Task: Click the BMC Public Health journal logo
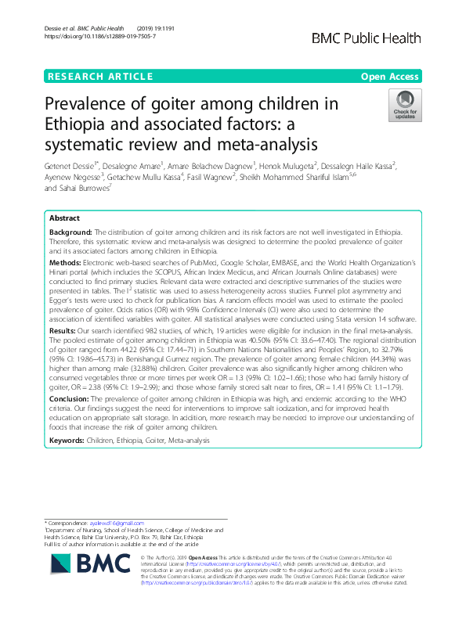coord(377,38)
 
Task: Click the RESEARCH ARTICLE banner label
coord(100,77)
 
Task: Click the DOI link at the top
coord(89,37)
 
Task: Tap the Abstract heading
coord(65,219)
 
